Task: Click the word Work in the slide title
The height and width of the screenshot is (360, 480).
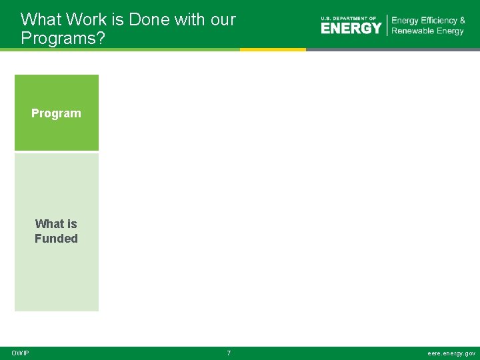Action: coord(85,20)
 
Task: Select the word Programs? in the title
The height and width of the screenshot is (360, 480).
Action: coord(63,38)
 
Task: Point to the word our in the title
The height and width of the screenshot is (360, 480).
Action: coord(223,20)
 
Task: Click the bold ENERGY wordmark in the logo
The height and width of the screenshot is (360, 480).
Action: coord(351,28)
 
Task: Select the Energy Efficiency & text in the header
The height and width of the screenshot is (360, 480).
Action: coord(428,21)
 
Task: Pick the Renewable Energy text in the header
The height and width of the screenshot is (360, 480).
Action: coord(427,31)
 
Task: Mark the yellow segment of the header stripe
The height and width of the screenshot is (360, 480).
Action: coord(273,49)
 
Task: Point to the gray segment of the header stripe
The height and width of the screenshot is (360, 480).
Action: coord(393,49)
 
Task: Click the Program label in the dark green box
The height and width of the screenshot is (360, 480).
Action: coord(56,113)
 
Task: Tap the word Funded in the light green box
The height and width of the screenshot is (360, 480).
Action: coord(56,239)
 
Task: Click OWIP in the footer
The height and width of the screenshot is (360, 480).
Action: coord(20,353)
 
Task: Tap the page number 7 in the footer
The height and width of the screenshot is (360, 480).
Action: coord(229,353)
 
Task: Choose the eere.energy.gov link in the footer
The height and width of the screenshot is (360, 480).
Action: coord(451,353)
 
